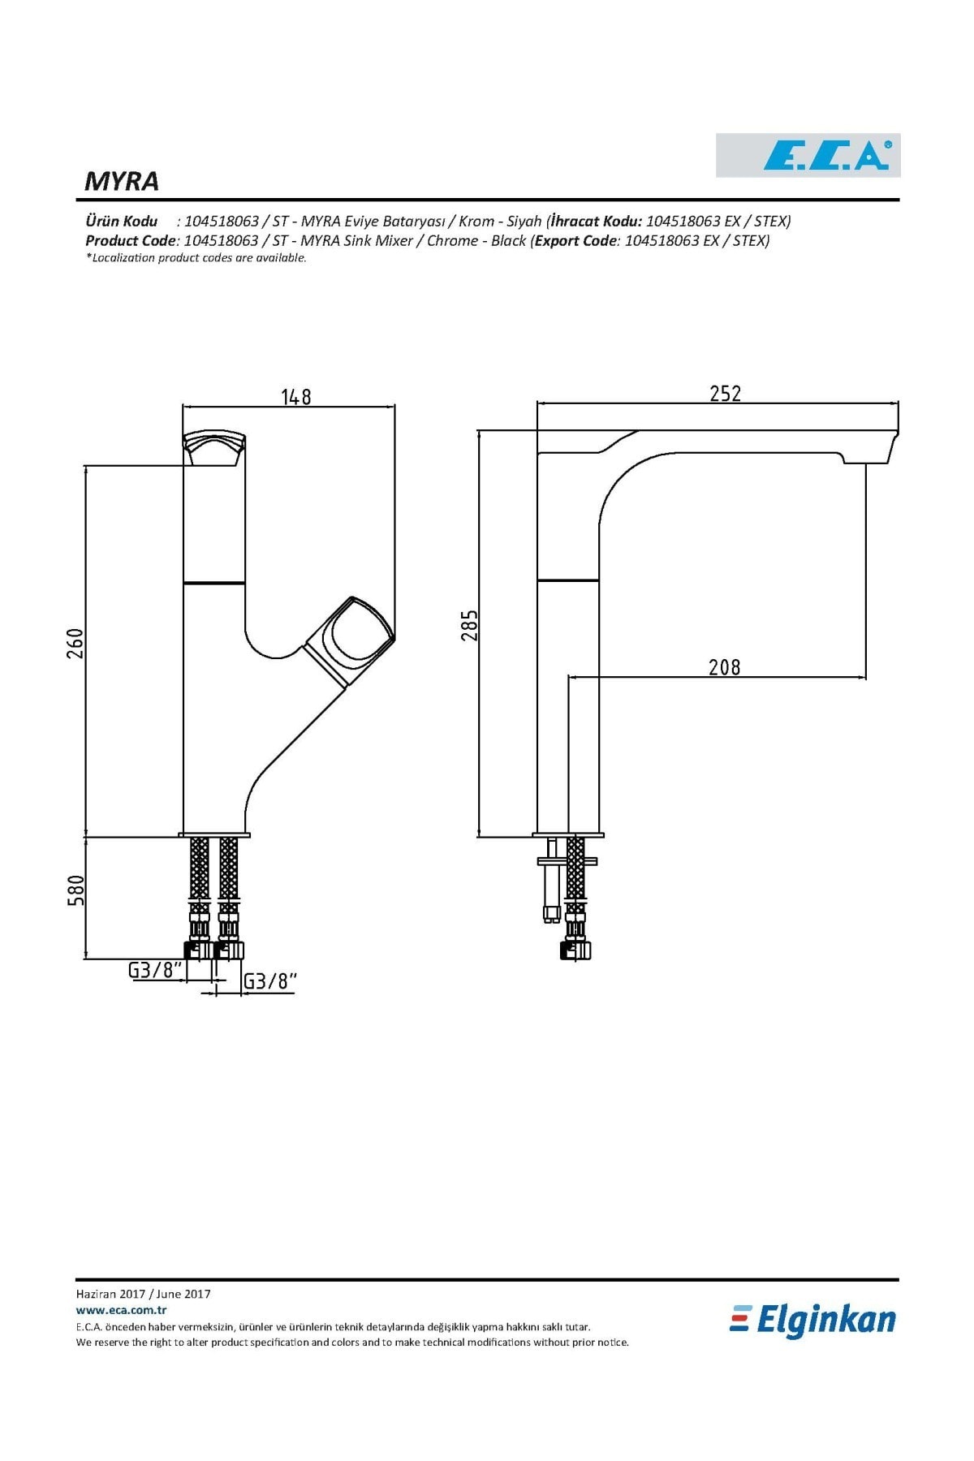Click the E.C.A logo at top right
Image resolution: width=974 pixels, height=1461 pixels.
(x=808, y=155)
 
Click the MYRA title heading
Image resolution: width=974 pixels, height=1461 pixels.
(x=122, y=181)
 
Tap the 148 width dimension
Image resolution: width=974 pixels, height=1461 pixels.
(x=296, y=396)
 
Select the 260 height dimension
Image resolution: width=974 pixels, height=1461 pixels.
(x=75, y=643)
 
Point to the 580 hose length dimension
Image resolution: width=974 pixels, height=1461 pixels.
(x=75, y=890)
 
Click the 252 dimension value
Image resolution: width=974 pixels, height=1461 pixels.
(x=725, y=393)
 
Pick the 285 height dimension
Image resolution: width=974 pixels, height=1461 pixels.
(x=469, y=625)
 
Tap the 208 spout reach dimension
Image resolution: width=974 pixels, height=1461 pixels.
(x=725, y=666)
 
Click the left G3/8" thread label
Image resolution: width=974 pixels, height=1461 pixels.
(x=154, y=969)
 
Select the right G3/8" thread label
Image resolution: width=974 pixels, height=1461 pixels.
(x=270, y=981)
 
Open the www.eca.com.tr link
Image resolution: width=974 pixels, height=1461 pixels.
(x=122, y=1310)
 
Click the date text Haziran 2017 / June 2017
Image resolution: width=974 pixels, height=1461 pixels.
(x=144, y=1294)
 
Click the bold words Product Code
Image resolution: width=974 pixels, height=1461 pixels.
(x=131, y=240)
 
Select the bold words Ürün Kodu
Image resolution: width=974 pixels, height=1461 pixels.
(x=122, y=221)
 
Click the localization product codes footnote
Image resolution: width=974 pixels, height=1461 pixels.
(x=196, y=258)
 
